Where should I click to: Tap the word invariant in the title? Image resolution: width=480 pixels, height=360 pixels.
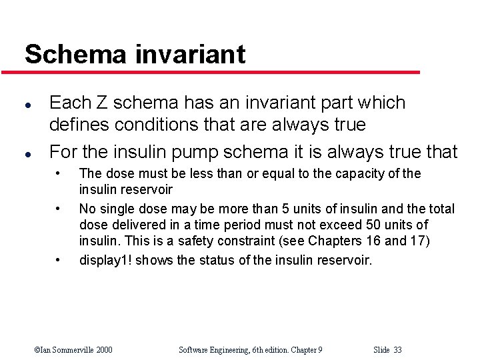coord(193,54)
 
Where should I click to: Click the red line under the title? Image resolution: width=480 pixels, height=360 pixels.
coord(220,72)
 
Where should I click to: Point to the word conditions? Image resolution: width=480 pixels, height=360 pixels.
coord(142,125)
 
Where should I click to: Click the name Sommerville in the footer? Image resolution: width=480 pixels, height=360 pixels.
coord(73,350)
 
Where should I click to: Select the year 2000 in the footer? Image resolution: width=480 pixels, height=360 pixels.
coord(103,350)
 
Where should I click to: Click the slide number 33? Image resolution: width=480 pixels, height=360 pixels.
coord(398,350)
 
